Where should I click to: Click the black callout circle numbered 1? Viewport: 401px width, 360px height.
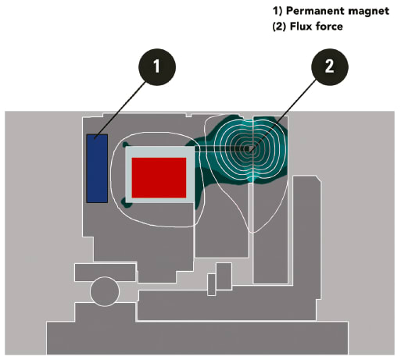coord(157,66)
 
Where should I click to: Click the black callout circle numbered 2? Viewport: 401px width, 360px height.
coord(330,66)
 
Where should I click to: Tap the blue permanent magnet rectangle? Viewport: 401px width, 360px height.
coord(97,169)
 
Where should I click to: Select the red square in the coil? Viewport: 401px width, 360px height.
coord(159,177)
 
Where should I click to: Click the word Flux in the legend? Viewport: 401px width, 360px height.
coord(299,27)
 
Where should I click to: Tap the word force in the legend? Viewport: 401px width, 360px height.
coord(329,27)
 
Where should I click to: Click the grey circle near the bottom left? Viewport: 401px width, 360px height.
coord(105,291)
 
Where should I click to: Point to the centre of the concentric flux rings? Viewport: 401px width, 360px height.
coord(249,150)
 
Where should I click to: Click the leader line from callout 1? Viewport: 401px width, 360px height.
coord(120,109)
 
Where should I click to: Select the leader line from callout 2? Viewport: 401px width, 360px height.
coord(283,115)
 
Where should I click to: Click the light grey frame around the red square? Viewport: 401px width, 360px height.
coord(128,175)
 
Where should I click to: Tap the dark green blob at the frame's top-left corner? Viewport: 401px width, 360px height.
coord(125,144)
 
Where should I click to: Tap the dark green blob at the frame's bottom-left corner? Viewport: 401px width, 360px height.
coord(126,203)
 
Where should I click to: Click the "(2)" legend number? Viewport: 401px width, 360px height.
coord(279,27)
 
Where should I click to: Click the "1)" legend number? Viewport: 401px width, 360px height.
coord(277,11)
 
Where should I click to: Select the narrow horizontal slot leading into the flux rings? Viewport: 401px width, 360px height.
coord(221,148)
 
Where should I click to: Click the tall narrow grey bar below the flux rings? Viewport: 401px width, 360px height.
coord(270,233)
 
